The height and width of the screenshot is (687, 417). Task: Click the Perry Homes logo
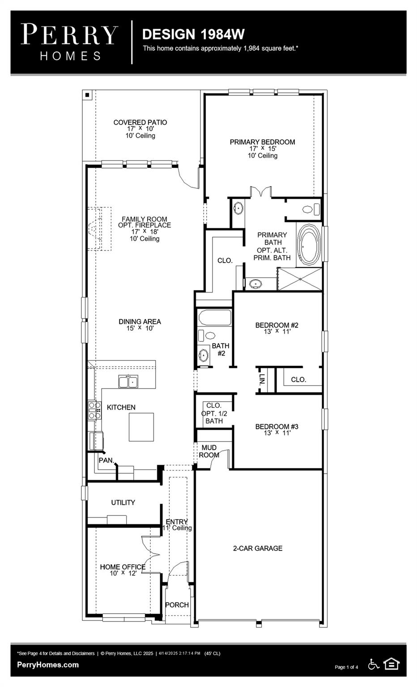tap(69, 42)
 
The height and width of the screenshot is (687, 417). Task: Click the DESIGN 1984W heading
tap(193, 34)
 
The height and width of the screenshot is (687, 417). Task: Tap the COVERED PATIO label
tap(140, 122)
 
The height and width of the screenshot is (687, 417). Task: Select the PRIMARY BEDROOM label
tap(262, 142)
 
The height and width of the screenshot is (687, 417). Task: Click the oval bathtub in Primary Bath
tap(309, 245)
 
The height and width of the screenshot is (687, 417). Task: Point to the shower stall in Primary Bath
tap(300, 279)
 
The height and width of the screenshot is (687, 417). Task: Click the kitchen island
tap(141, 427)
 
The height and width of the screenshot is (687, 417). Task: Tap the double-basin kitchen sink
tap(128, 382)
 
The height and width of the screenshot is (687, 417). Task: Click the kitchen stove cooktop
tap(94, 410)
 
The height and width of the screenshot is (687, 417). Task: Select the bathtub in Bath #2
tap(214, 318)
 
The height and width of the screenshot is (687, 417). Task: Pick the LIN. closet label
tap(262, 379)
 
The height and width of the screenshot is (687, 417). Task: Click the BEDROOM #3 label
tap(277, 426)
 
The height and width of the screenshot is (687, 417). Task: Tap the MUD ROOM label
tap(209, 451)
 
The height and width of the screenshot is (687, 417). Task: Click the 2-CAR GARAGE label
tap(258, 548)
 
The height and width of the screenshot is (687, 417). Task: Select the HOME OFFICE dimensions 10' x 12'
tap(123, 573)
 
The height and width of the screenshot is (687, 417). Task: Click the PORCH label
tap(177, 605)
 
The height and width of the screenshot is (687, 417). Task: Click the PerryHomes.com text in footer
tap(48, 665)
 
